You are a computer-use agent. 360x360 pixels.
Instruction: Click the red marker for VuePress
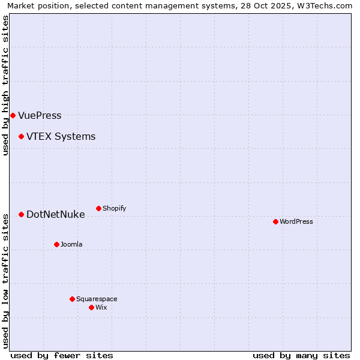tap(13, 115)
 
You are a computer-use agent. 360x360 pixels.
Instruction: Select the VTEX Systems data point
tap(21, 136)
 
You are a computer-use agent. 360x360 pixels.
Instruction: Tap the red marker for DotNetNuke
tap(21, 214)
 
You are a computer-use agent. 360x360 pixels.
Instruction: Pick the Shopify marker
tap(98, 208)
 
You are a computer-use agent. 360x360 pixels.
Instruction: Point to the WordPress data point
tap(275, 221)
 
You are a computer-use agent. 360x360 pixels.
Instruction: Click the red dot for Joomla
tap(56, 244)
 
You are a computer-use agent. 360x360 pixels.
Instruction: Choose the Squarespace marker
tap(72, 299)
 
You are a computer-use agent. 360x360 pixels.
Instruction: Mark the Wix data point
tap(91, 307)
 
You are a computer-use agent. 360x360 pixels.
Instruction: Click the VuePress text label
tap(40, 115)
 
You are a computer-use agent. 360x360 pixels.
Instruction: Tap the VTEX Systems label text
tap(61, 136)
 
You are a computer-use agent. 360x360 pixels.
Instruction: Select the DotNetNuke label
tap(55, 214)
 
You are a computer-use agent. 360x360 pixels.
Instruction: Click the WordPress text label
tap(296, 221)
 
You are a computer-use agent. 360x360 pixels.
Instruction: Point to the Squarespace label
tap(97, 299)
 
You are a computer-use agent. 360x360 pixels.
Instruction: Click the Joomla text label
tap(71, 244)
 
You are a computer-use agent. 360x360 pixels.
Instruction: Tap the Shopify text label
tap(114, 208)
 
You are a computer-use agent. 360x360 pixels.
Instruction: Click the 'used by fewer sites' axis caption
tap(62, 355)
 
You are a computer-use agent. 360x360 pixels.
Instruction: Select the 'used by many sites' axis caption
tap(301, 355)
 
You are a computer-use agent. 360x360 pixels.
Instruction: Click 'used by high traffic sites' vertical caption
tap(5, 85)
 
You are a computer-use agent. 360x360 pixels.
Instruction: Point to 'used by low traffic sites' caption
tap(5, 280)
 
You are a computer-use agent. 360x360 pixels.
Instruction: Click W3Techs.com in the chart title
tap(327, 5)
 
